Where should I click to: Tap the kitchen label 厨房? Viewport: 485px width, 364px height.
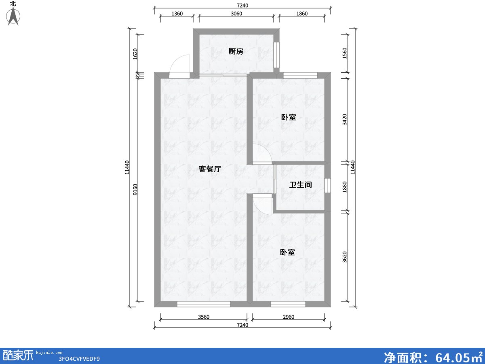(x=236, y=51)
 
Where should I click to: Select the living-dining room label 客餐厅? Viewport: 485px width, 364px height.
(x=210, y=169)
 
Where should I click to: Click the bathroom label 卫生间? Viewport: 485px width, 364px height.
(x=300, y=185)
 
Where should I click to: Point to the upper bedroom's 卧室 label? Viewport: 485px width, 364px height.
(x=289, y=117)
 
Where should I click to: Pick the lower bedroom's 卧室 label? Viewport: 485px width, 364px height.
(x=287, y=252)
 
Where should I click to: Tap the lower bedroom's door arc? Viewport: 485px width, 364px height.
(x=262, y=204)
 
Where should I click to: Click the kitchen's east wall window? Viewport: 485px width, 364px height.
(x=276, y=55)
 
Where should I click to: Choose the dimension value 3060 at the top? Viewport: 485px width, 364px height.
(x=236, y=14)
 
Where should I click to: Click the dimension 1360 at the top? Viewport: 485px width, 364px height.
(x=177, y=14)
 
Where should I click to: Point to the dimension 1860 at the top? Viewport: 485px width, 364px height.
(x=302, y=14)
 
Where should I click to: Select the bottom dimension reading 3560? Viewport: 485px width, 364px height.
(x=204, y=317)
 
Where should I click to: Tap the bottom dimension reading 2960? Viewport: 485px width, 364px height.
(x=288, y=317)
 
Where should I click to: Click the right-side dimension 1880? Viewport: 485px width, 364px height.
(x=344, y=187)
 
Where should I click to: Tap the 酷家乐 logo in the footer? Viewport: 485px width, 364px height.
(x=18, y=355)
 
